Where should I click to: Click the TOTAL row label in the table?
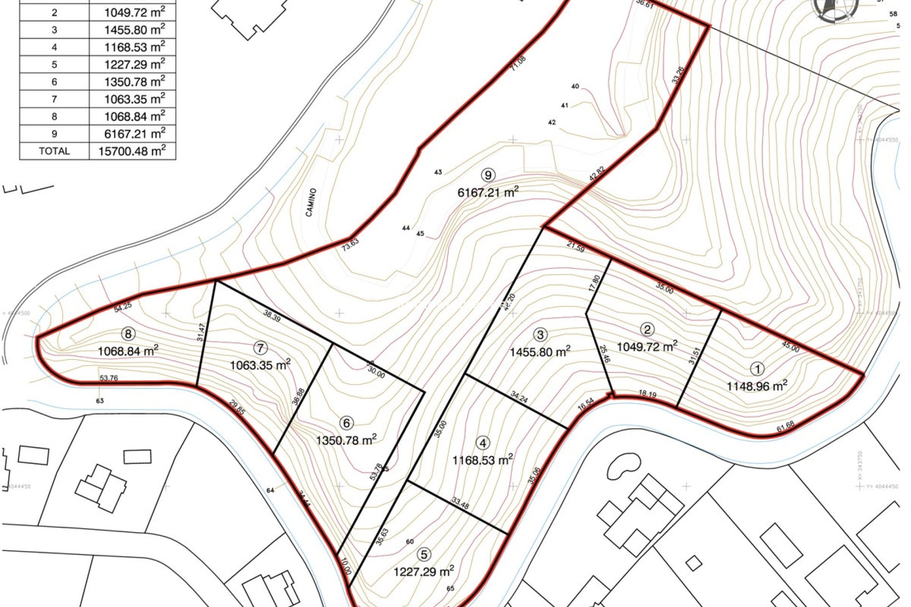click(x=54, y=151)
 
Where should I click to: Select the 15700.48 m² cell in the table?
click(x=132, y=151)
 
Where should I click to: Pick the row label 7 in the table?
click(x=54, y=99)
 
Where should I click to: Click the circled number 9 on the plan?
click(x=488, y=175)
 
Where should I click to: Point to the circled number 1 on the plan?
click(x=757, y=369)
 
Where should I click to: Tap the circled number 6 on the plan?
click(x=347, y=423)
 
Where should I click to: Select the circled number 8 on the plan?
click(x=128, y=334)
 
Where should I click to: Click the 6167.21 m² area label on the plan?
click(x=488, y=193)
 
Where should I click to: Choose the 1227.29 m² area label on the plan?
click(x=423, y=571)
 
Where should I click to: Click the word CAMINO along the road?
click(x=311, y=202)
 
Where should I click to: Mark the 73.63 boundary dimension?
click(x=350, y=245)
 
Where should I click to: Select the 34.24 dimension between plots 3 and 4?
click(x=519, y=397)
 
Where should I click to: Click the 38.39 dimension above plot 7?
click(x=272, y=316)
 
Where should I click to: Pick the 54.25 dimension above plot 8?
click(x=123, y=307)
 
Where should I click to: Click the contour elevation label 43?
click(x=438, y=172)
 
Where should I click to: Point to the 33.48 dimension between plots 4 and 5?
click(x=460, y=504)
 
